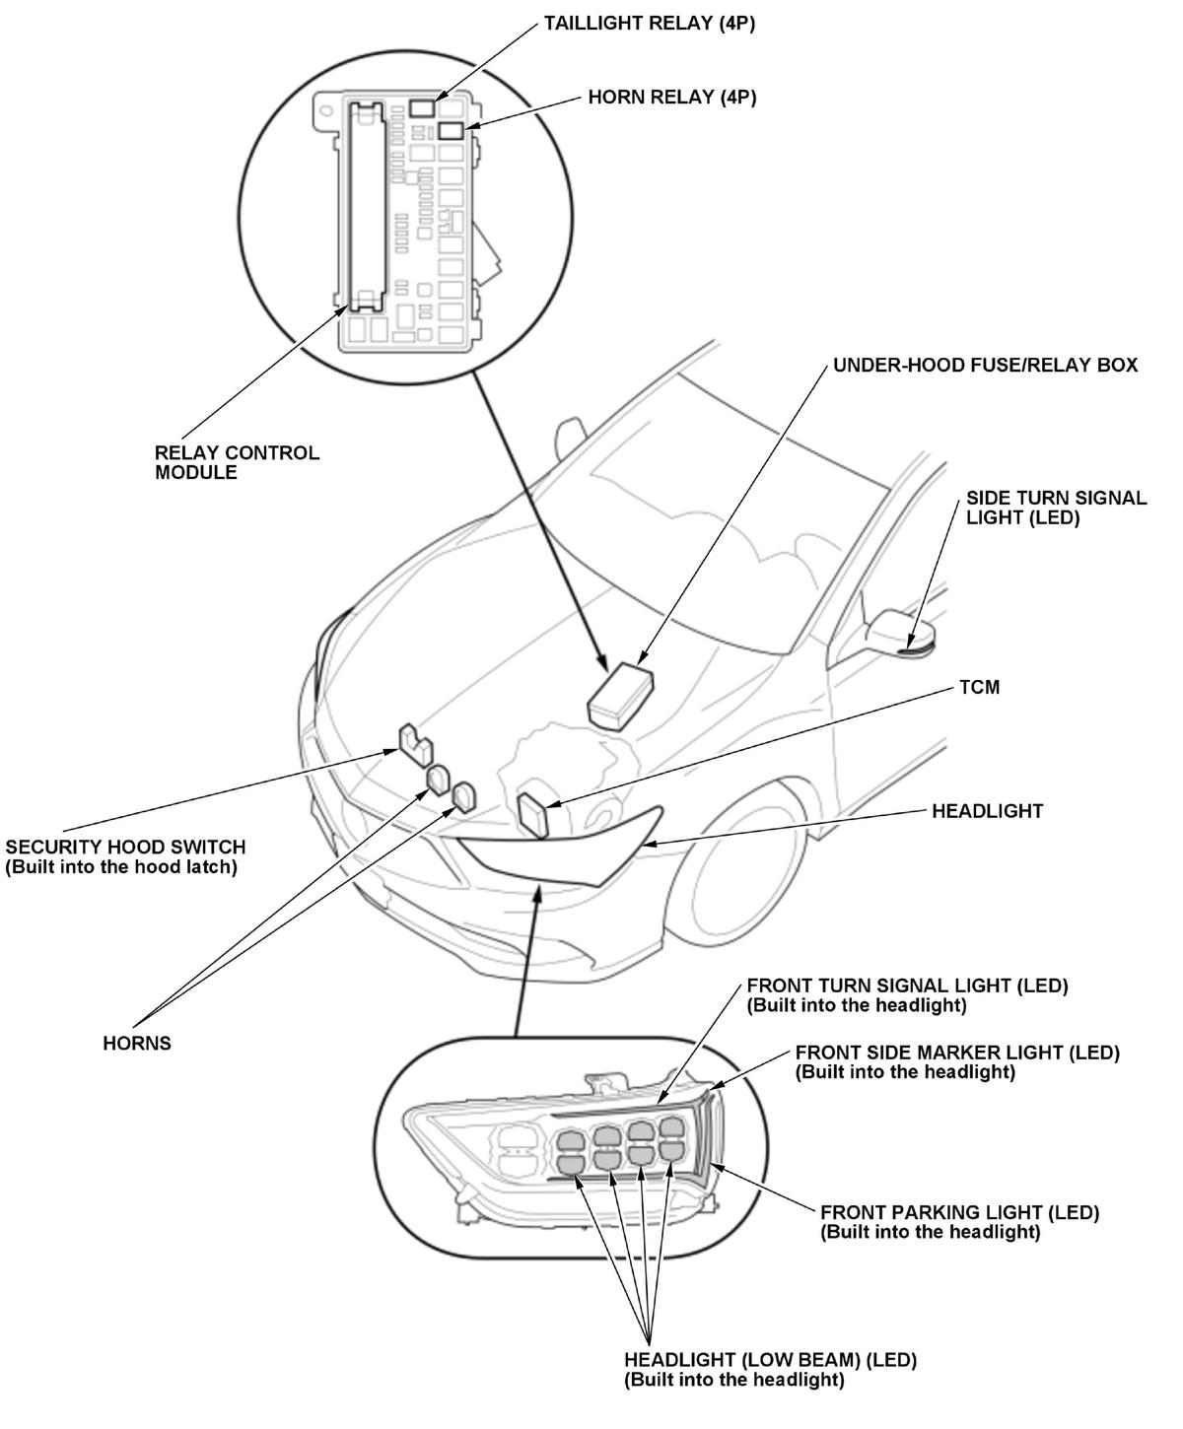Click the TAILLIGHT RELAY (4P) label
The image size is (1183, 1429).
649,24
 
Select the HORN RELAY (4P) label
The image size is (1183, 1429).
671,98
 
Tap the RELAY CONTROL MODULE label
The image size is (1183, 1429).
237,462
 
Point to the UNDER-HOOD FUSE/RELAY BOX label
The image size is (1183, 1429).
985,366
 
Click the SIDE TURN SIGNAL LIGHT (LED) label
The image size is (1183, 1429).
1056,508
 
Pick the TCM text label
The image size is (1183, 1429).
979,687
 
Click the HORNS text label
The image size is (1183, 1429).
137,1044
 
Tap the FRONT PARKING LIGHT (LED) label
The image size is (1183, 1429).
959,1222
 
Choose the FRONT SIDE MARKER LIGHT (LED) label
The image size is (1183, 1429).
956,1061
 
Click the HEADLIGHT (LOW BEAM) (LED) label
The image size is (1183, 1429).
770,1370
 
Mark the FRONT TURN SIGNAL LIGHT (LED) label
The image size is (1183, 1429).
907,994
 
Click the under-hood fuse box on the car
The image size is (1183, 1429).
620,694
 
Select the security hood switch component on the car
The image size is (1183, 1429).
414,742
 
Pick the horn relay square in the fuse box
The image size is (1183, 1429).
452,130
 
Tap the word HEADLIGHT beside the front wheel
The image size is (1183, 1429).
987,811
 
